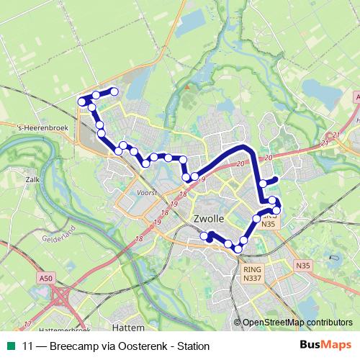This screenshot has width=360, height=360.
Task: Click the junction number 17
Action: [x=27, y=323]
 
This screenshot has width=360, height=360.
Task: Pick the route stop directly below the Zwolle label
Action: [x=212, y=235]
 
